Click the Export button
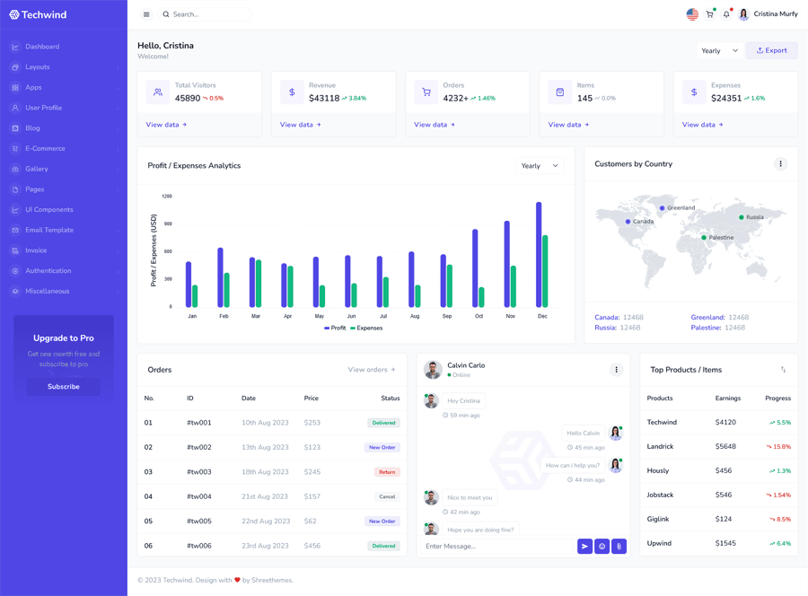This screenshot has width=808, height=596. coord(771,51)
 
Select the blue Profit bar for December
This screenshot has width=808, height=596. coord(539,256)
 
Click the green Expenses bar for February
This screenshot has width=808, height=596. coord(227,290)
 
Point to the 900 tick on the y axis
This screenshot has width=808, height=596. coord(168,223)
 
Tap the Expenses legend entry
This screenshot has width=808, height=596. coord(366,329)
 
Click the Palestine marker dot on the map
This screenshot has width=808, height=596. coord(704,238)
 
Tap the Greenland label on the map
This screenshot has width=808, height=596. coord(681,208)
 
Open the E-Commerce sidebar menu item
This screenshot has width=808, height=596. coord(45,149)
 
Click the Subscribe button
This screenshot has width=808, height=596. coord(63,387)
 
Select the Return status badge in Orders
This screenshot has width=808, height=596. coord(387,472)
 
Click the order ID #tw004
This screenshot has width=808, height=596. coord(199,496)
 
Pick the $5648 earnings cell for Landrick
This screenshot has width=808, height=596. coord(725,447)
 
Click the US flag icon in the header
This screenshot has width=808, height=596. coord(692,14)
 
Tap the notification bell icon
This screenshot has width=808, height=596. coord(726,14)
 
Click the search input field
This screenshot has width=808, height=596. coord(206,14)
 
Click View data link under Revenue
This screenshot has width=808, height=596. coord(300,125)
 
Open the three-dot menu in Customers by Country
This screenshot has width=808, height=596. coord(780,164)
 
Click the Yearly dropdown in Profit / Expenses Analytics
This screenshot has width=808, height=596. coord(540,166)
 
